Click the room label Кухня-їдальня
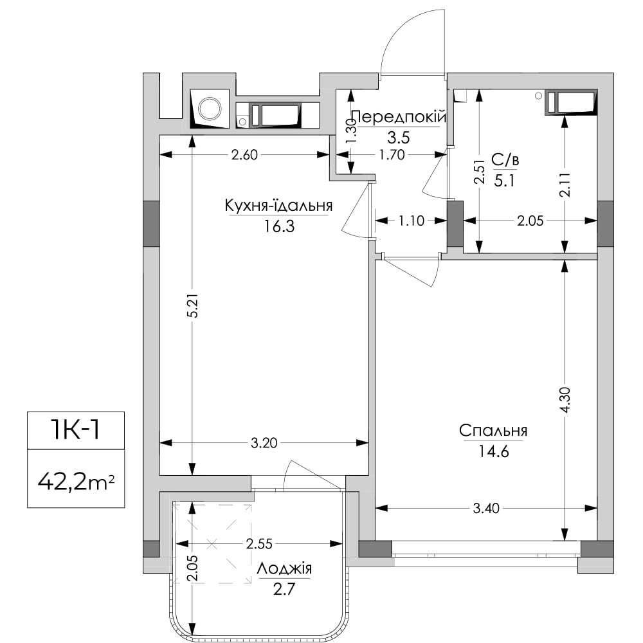pyautogui.click(x=278, y=206)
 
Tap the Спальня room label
pyautogui.click(x=493, y=431)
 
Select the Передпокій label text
pyautogui.click(x=399, y=117)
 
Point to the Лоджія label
pyautogui.click(x=284, y=569)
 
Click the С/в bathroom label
pyautogui.click(x=505, y=160)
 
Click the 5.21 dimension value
pyautogui.click(x=194, y=305)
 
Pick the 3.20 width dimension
pyautogui.click(x=264, y=443)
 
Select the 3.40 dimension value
pyautogui.click(x=486, y=509)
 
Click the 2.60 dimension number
pyautogui.click(x=244, y=154)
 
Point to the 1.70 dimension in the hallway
pyautogui.click(x=392, y=154)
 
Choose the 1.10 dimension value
pyautogui.click(x=412, y=221)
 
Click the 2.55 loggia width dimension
pyautogui.click(x=259, y=544)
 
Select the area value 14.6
pyautogui.click(x=493, y=451)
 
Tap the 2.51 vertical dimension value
pyautogui.click(x=480, y=172)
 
